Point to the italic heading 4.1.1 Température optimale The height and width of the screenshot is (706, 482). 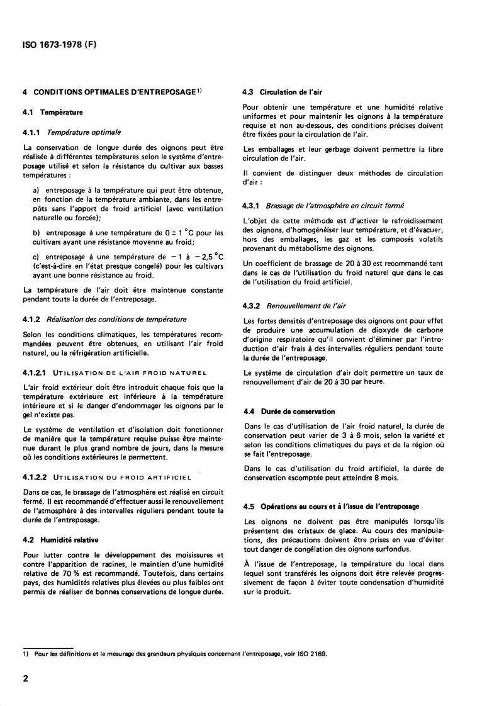(x=72, y=132)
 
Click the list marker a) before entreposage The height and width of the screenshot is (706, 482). (x=36, y=190)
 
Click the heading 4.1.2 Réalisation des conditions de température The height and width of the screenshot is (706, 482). (x=104, y=319)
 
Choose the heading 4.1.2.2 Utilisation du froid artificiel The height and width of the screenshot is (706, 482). (x=106, y=477)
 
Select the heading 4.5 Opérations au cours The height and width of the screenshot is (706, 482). (x=331, y=507)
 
